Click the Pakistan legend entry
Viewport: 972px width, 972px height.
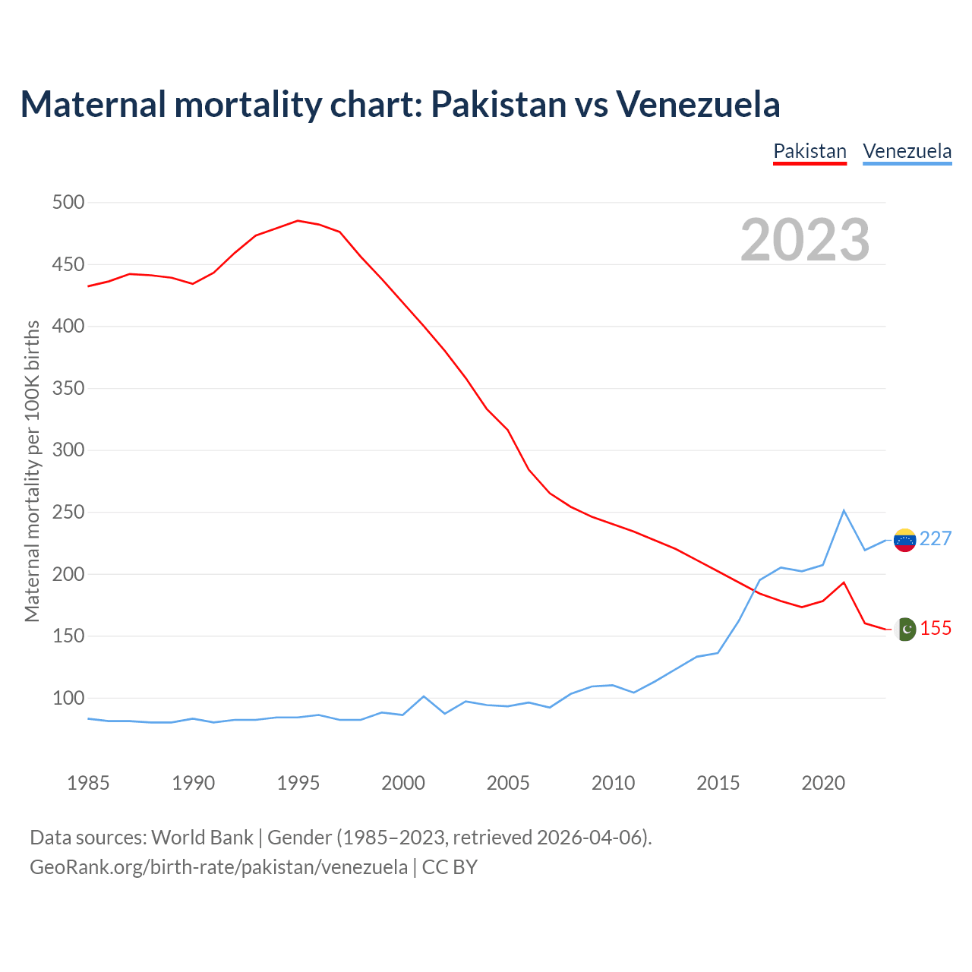pyautogui.click(x=809, y=151)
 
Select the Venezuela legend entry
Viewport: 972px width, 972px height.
pyautogui.click(x=907, y=151)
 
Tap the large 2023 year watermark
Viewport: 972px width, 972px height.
pyautogui.click(x=805, y=239)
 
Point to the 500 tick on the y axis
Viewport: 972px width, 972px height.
pyautogui.click(x=68, y=203)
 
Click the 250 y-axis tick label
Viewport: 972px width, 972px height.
pyautogui.click(x=68, y=513)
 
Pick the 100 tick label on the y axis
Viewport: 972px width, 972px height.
pyautogui.click(x=68, y=698)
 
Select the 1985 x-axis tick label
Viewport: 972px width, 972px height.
pyautogui.click(x=88, y=783)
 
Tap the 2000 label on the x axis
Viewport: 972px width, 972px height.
pyautogui.click(x=403, y=783)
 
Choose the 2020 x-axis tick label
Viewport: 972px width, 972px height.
pyautogui.click(x=823, y=783)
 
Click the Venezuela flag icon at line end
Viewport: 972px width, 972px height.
pyautogui.click(x=904, y=540)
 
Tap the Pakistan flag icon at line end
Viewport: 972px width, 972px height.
pyautogui.click(x=905, y=630)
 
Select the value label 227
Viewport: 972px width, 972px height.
pyautogui.click(x=936, y=539)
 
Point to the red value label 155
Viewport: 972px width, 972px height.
pyautogui.click(x=936, y=629)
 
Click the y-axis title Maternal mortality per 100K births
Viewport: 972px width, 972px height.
pyautogui.click(x=32, y=471)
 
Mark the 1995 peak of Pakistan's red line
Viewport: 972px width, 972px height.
pyautogui.click(x=298, y=221)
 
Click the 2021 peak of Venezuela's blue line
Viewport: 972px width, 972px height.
pyautogui.click(x=844, y=510)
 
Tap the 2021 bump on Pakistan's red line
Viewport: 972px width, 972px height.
pyautogui.click(x=844, y=582)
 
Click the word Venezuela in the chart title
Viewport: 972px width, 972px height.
pyautogui.click(x=698, y=104)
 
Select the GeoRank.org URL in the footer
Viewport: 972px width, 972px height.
pyautogui.click(x=219, y=866)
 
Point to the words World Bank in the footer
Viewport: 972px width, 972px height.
pyautogui.click(x=202, y=838)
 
